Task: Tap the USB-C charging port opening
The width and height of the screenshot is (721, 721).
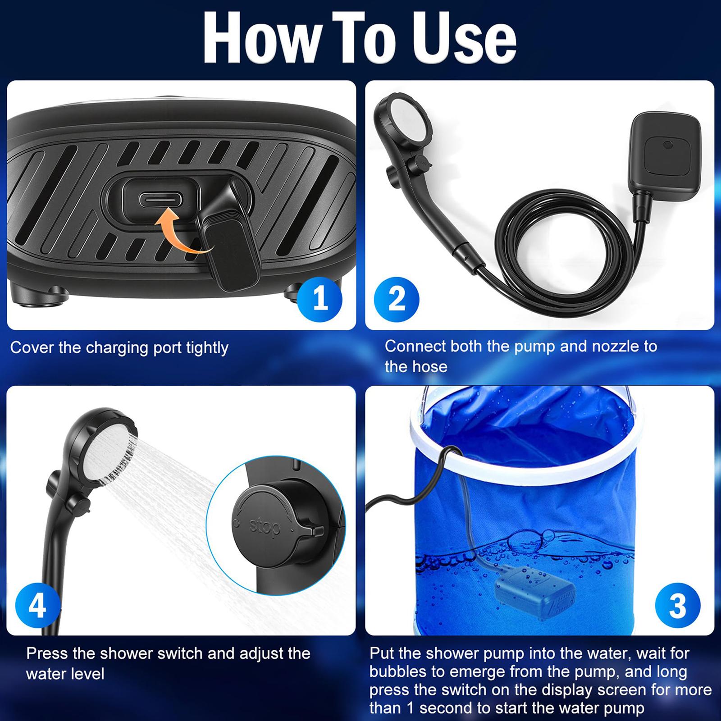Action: click(160, 199)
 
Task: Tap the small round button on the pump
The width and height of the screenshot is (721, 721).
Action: click(667, 146)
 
